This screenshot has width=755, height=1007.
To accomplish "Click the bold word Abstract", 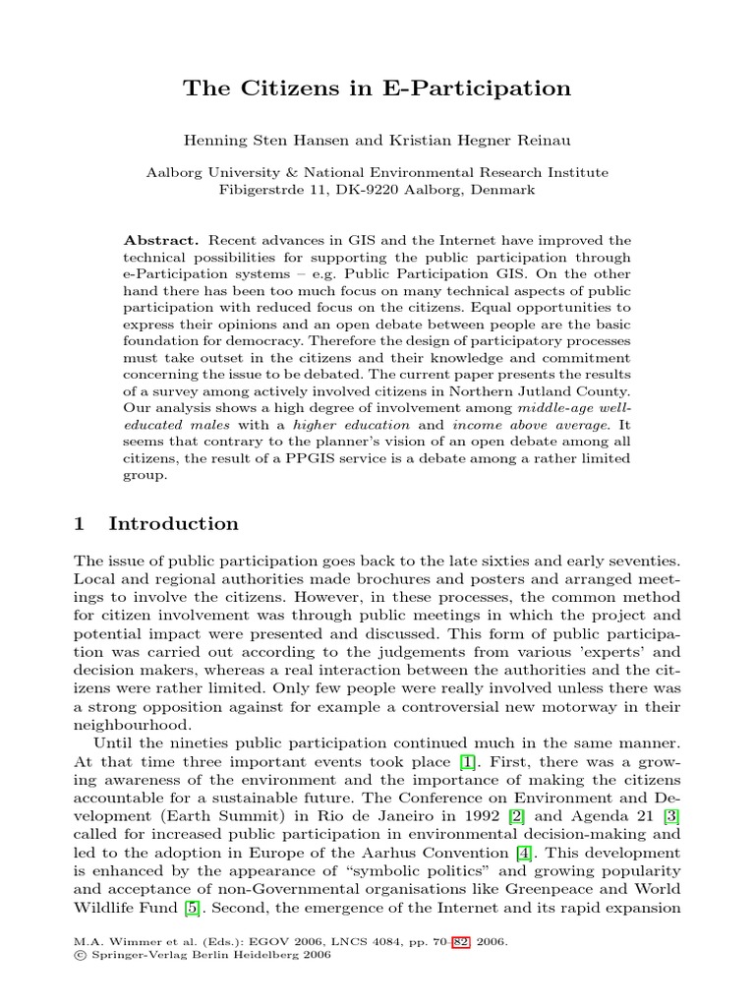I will click(x=161, y=240).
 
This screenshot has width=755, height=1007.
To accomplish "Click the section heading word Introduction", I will click(x=173, y=524).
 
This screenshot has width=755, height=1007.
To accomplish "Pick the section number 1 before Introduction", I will click(x=80, y=524).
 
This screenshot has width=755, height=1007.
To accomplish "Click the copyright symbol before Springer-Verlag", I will click(x=80, y=955).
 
